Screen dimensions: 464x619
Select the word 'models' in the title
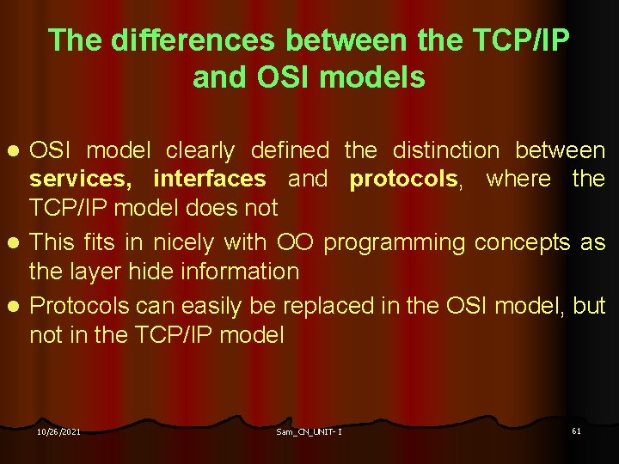(371, 78)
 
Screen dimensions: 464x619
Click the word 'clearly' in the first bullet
(199, 151)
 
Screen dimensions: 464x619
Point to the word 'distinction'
(445, 151)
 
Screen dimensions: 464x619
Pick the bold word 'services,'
(84, 180)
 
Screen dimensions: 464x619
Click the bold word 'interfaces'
(210, 180)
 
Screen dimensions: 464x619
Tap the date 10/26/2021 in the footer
(58, 431)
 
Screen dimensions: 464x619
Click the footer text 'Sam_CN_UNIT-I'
(309, 431)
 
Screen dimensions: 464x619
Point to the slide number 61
(576, 430)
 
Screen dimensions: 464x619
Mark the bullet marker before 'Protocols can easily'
(14, 307)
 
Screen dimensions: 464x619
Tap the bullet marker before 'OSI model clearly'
(14, 152)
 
